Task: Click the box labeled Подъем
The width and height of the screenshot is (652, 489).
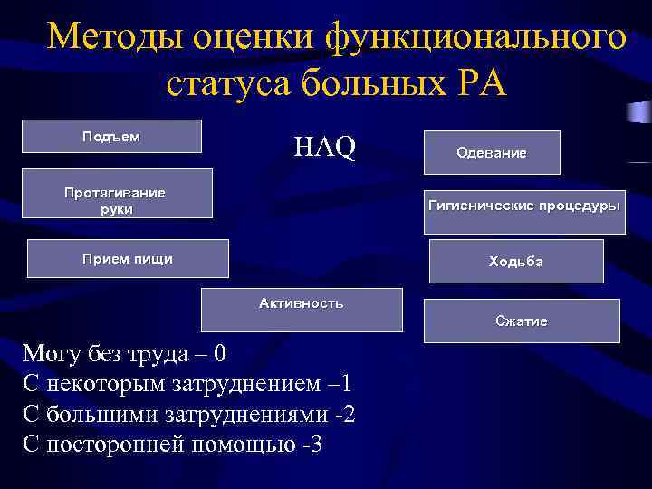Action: (111, 137)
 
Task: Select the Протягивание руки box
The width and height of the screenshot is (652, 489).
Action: (117, 194)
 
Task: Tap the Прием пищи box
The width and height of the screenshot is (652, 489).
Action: (128, 259)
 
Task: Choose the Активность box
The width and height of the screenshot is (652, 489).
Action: (302, 310)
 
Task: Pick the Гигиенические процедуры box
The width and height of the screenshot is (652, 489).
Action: (524, 208)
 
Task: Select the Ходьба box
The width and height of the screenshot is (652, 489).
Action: (515, 262)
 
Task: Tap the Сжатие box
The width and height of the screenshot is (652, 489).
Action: (521, 321)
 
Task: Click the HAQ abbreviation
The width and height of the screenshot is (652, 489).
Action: (325, 147)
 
